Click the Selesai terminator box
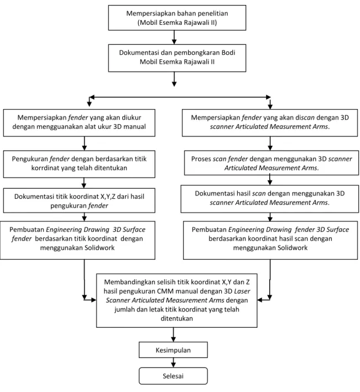pos(173,376)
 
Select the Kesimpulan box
pos(173,350)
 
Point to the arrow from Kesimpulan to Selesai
pos(173,363)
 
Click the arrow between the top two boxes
pos(174,37)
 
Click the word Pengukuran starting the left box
pos(30,159)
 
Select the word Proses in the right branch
pos(201,159)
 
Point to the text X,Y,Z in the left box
pos(108,197)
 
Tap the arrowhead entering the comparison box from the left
pos(93,300)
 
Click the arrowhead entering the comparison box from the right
pos(260,300)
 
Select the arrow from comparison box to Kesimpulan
pos(173,335)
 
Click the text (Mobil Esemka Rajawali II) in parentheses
pos(177,23)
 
